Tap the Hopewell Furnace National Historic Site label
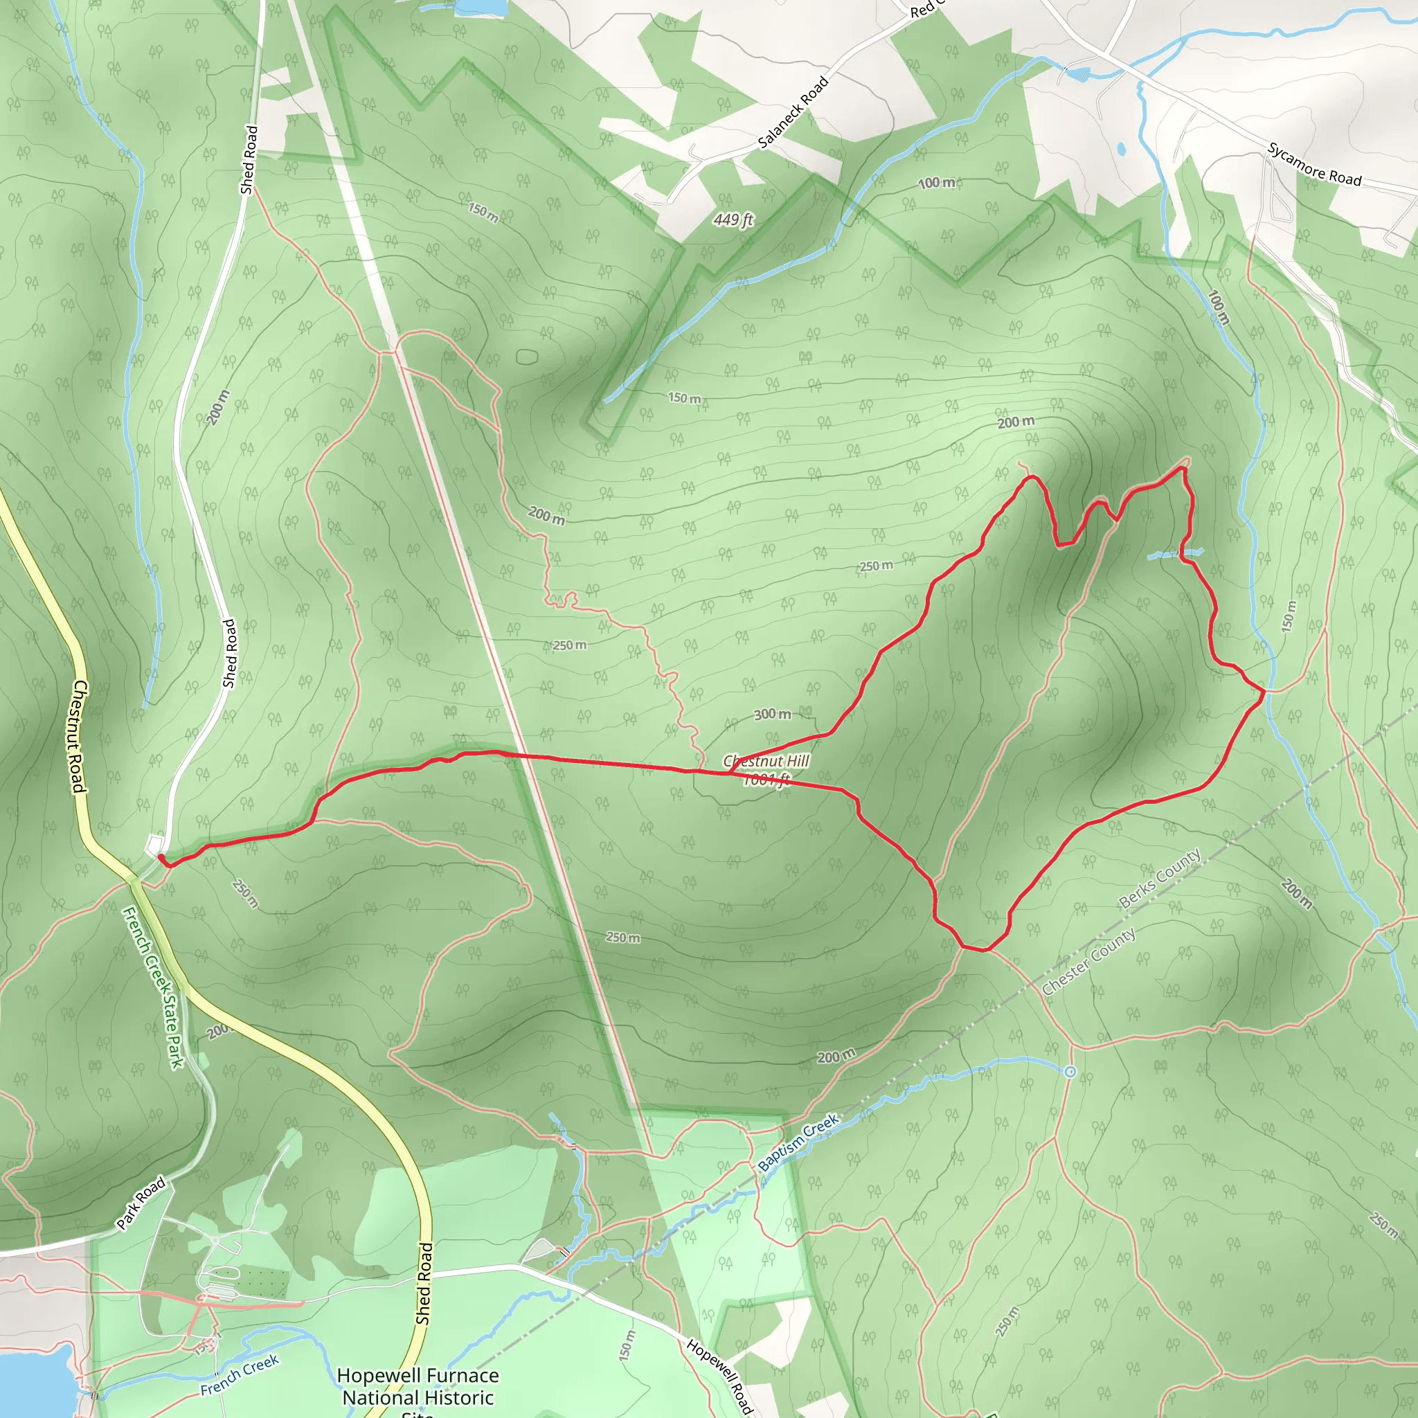pos(418,1386)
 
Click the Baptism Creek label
pos(798,1142)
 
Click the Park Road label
pos(142,1203)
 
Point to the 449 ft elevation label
pos(733,219)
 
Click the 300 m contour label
pos(772,714)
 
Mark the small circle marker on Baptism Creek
pos(1070,1073)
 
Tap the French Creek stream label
pos(240,1374)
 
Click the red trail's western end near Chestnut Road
pos(161,856)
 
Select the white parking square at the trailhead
pos(154,845)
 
